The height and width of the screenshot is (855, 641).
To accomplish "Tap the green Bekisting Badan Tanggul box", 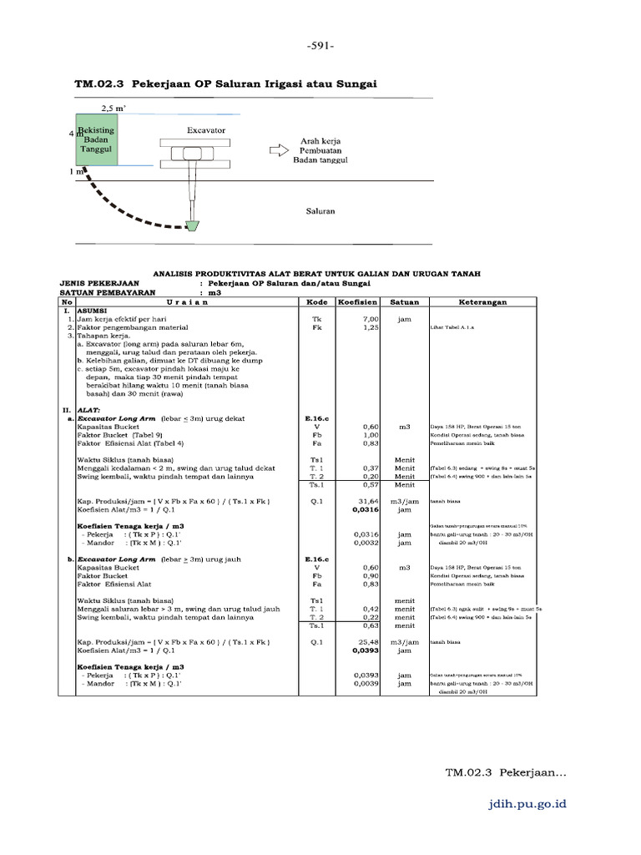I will [x=96, y=140].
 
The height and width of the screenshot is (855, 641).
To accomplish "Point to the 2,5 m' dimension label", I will [x=114, y=109].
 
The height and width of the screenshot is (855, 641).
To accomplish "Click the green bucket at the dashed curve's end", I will [x=194, y=225].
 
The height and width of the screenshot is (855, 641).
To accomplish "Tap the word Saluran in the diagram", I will [x=320, y=211].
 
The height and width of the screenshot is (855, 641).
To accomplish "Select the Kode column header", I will [x=316, y=302].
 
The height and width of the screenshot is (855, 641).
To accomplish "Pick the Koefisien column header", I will [x=358, y=302].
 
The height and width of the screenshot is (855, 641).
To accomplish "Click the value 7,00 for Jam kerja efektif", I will [x=371, y=319].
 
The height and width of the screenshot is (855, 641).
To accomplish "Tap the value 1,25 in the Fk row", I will [x=371, y=328].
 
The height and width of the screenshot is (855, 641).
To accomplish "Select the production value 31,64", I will [x=368, y=501].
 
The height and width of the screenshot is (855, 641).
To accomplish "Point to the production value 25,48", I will [x=368, y=642].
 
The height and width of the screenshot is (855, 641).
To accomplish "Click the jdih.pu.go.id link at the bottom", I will [x=527, y=803].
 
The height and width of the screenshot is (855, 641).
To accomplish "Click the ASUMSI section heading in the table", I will [x=94, y=311].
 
